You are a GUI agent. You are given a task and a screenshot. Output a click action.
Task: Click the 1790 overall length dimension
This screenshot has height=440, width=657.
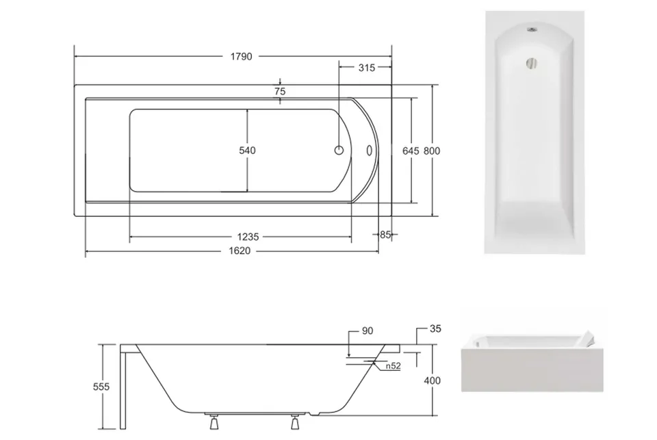(242, 57)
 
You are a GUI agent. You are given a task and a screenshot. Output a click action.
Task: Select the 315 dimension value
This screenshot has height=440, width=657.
(367, 68)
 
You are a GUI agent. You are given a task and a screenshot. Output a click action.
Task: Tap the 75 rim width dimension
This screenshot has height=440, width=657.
(280, 91)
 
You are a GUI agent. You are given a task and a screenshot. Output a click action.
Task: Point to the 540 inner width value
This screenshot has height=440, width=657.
(247, 151)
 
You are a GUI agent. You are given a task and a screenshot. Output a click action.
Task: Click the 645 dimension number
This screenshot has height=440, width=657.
(411, 151)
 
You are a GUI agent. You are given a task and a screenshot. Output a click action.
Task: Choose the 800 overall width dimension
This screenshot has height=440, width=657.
(432, 151)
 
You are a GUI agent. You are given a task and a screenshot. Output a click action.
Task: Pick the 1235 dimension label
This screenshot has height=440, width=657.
(248, 237)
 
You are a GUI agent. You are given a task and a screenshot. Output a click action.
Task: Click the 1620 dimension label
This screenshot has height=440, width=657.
(240, 251)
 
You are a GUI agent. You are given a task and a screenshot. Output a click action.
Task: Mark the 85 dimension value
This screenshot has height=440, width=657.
(385, 235)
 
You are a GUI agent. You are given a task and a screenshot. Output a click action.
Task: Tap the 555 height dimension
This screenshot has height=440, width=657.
(101, 387)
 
